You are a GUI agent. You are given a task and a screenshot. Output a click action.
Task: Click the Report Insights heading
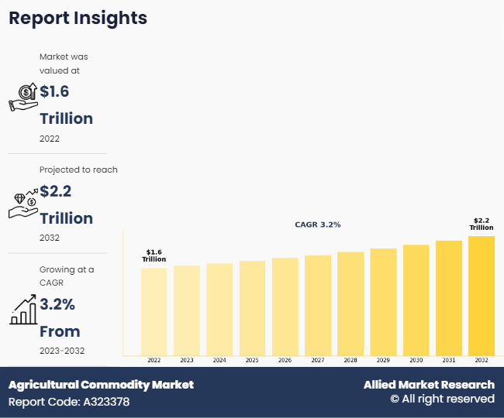point(78,18)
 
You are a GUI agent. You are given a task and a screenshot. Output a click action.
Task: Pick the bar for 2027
point(317,305)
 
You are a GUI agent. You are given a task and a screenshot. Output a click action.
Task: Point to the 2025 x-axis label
point(252,361)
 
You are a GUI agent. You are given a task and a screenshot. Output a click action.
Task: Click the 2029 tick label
point(383,361)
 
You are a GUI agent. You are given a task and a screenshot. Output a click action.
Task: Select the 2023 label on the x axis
point(187,361)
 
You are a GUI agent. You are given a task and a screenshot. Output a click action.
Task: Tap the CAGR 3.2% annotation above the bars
point(317,224)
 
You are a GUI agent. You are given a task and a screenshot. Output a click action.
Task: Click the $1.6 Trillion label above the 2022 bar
point(154,255)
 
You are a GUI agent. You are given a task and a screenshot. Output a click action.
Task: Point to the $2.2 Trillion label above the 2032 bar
point(482,224)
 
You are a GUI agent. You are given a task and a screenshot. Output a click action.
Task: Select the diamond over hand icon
point(23,203)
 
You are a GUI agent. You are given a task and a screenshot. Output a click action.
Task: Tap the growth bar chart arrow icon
point(23,309)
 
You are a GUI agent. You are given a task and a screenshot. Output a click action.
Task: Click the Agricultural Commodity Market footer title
point(101,385)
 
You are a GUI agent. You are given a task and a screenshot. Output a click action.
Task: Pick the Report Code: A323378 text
point(69,402)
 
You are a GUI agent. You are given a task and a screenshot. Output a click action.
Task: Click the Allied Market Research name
point(429,385)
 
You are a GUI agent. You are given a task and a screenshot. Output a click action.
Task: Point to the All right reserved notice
point(442,399)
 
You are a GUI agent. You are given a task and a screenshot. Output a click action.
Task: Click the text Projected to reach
point(78,170)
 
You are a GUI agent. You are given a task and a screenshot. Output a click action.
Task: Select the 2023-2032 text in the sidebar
point(62,351)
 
